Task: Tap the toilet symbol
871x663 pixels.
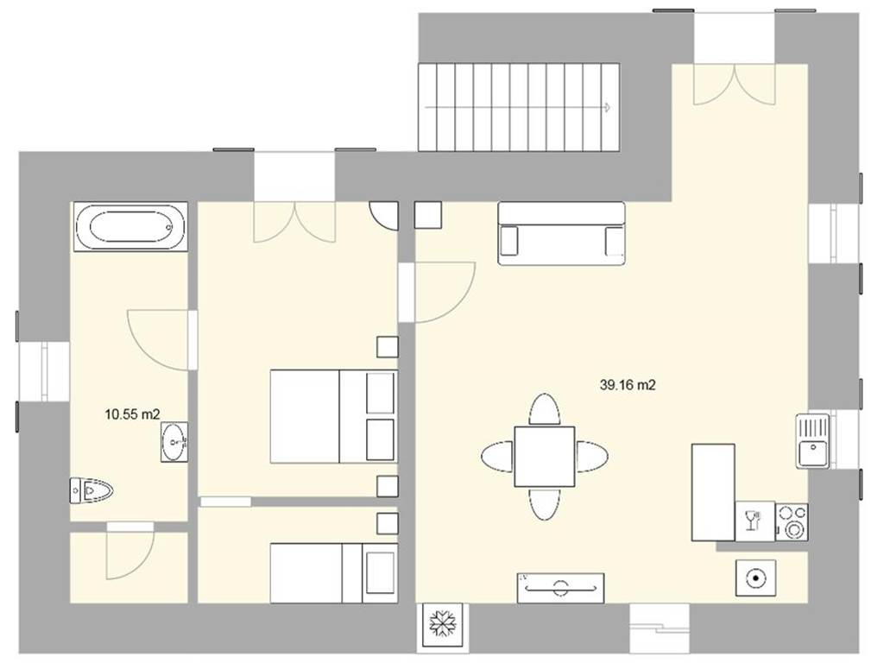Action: pos(92,490)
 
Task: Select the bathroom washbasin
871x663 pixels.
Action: pos(174,442)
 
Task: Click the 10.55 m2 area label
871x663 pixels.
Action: pos(133,414)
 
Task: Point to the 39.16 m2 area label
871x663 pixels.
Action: pos(628,385)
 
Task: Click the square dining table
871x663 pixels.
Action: pos(545,456)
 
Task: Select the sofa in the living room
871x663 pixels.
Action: pos(562,233)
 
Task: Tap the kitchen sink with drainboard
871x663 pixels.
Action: pos(812,441)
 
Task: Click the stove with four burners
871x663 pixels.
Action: pos(792,521)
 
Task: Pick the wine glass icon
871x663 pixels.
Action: pos(753,520)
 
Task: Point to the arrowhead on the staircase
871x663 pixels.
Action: pos(609,107)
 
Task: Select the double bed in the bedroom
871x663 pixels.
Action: pos(334,416)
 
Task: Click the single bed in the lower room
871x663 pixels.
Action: pos(334,573)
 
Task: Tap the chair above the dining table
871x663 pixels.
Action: pos(545,410)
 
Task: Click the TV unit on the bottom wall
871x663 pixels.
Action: pos(560,588)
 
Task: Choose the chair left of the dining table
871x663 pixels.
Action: pos(498,457)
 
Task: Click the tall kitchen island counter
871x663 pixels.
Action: pos(713,492)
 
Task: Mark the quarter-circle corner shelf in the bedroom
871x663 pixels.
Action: pos(384,216)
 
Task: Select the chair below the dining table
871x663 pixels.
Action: pos(545,503)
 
